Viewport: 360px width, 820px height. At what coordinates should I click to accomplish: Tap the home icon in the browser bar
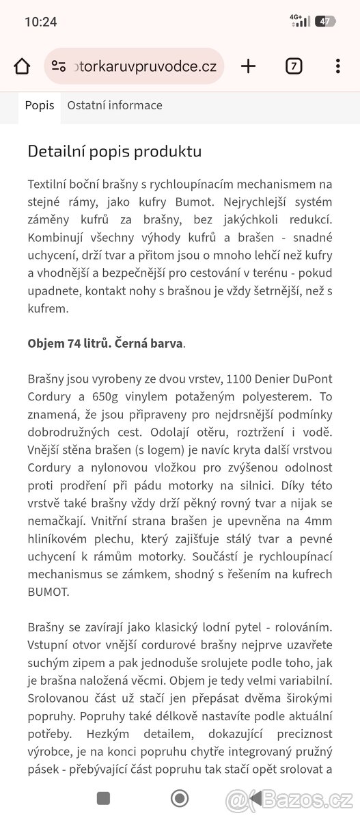[x=22, y=66]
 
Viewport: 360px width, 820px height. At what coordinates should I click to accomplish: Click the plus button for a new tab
[x=249, y=66]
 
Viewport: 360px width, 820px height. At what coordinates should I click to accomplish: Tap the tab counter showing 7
[x=293, y=66]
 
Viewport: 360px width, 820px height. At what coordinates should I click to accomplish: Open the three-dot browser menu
[x=337, y=66]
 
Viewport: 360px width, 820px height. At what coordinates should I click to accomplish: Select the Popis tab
[x=40, y=106]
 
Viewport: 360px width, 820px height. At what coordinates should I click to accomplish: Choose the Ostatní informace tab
[x=115, y=106]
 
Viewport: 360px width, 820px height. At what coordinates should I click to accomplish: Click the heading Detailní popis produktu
[x=114, y=151]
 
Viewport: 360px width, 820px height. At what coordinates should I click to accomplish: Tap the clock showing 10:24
[x=40, y=22]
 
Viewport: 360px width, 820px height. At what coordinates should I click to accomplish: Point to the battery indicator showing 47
[x=325, y=22]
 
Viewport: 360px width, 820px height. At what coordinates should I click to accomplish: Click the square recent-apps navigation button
[x=103, y=798]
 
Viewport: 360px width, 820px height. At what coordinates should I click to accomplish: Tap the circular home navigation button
[x=180, y=798]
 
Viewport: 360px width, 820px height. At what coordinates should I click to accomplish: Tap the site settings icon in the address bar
[x=59, y=66]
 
